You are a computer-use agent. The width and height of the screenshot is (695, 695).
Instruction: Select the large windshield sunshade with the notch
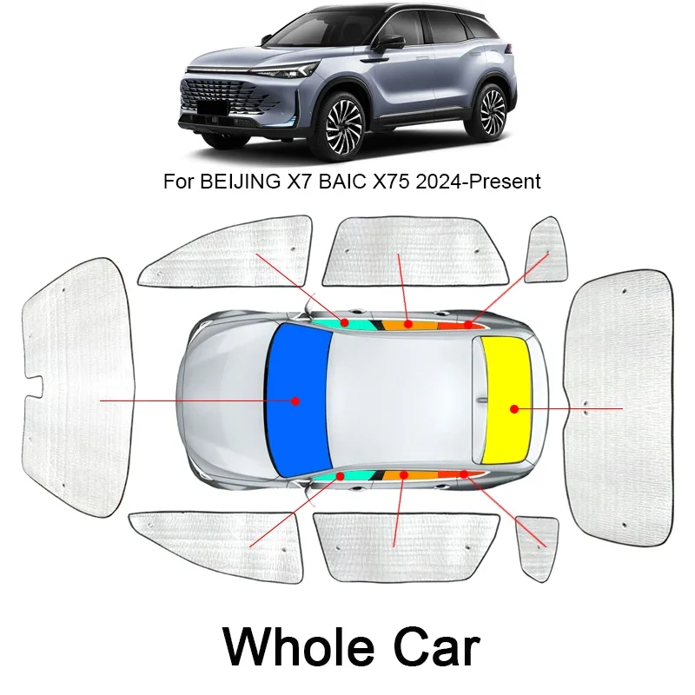(x=78, y=387)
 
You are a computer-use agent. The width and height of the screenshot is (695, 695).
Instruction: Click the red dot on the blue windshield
(x=295, y=401)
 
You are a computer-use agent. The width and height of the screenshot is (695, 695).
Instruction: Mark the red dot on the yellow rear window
(x=513, y=408)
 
